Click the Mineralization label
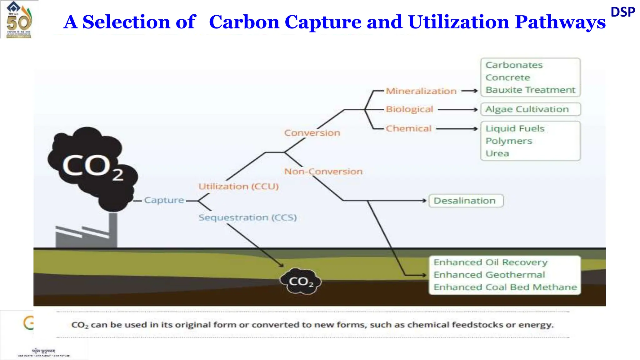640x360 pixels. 421,91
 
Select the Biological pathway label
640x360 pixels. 409,109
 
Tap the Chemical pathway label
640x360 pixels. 408,128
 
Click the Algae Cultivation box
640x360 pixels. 530,109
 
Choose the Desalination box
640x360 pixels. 466,201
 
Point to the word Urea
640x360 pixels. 497,153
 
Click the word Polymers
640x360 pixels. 508,141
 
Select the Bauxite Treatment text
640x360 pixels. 530,90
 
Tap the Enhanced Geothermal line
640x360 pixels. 489,275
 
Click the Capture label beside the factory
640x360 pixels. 164,200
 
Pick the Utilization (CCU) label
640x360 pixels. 238,187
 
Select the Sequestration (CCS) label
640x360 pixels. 247,217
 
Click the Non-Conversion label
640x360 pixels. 323,171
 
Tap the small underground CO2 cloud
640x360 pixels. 301,281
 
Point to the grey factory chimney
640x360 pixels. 113,230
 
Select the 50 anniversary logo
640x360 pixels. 19,19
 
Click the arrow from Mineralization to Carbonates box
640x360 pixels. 469,91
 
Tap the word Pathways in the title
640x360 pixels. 560,22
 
